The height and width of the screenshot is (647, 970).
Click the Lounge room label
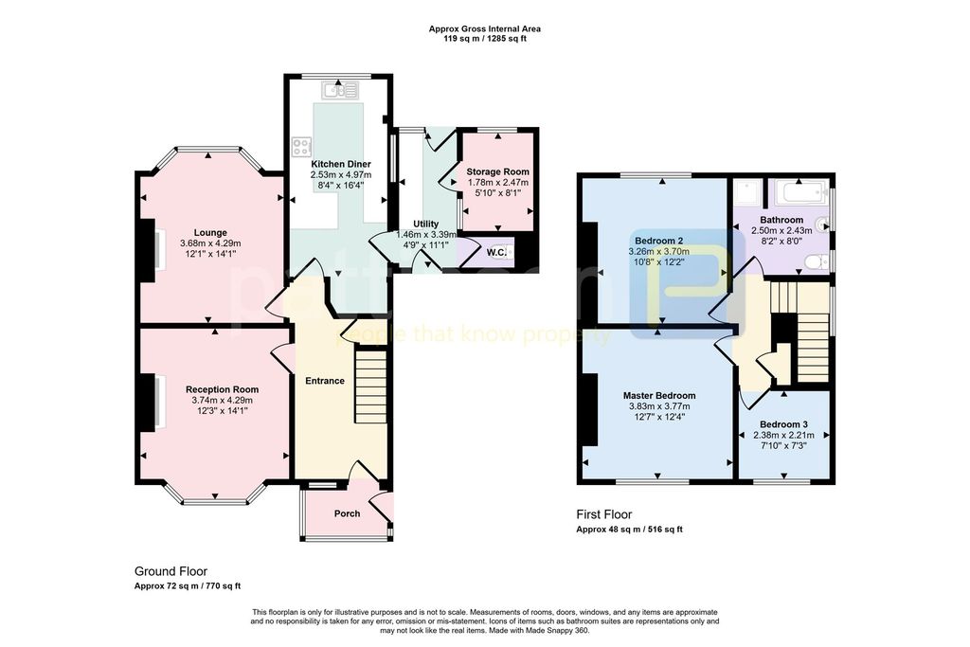tap(210, 233)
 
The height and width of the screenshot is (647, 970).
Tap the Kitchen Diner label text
tap(341, 165)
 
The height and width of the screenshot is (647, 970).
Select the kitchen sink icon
tap(340, 91)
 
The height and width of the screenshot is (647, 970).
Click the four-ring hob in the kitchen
tap(302, 146)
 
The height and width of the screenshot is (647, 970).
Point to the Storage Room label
tap(498, 172)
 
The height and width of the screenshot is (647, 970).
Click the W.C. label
tap(496, 252)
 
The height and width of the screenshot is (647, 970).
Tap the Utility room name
tap(425, 224)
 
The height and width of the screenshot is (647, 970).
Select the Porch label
tap(347, 513)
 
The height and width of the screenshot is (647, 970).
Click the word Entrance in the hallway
tap(325, 381)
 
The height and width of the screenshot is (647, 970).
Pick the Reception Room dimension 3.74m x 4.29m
tap(222, 400)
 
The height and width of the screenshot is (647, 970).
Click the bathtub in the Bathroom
tap(799, 192)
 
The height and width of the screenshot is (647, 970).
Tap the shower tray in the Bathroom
tap(748, 192)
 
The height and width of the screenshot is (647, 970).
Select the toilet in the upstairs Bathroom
tap(817, 262)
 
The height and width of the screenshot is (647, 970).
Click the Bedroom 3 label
tap(783, 425)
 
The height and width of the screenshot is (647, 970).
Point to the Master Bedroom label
tap(659, 396)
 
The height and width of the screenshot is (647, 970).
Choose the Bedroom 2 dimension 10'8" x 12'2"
tap(659, 261)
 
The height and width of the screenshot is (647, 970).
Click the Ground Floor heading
tap(171, 571)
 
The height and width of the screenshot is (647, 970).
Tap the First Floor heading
tap(604, 514)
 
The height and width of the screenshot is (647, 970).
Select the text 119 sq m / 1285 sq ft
tap(485, 38)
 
